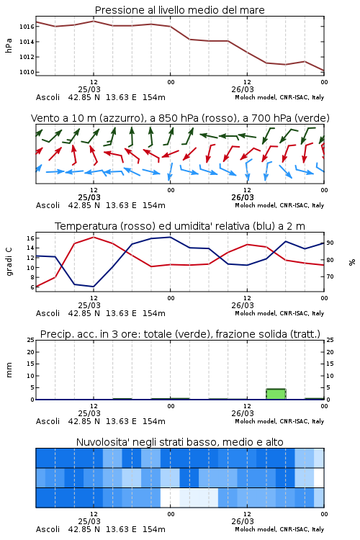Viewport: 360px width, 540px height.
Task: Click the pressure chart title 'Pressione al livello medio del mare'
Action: (x=179, y=10)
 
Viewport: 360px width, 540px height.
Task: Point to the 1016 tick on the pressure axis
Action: (x=27, y=27)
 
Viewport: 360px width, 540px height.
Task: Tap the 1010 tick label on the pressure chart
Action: (x=27, y=72)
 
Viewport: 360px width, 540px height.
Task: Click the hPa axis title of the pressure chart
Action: (x=9, y=45)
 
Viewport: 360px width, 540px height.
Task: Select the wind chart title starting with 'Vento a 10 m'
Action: (x=180, y=118)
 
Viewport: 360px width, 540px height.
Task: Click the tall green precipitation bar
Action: (x=276, y=394)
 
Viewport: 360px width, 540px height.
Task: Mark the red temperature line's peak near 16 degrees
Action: (x=94, y=237)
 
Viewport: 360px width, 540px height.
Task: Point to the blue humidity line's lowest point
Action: (x=93, y=286)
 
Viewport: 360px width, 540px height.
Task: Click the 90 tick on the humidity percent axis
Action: (x=330, y=243)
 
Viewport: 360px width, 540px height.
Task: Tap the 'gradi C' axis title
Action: (x=9, y=261)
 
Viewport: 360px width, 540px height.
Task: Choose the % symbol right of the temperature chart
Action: (x=352, y=262)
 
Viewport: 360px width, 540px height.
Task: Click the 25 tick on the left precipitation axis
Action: (x=31, y=340)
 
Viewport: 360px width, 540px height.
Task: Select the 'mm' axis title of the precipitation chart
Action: (x=9, y=370)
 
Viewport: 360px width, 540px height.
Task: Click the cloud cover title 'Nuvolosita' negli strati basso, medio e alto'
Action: (x=179, y=442)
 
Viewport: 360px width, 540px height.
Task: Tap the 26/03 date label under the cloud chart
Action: (x=243, y=521)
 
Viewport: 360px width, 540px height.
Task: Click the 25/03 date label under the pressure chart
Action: (x=89, y=89)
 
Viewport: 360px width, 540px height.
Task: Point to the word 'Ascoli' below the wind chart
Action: (x=48, y=205)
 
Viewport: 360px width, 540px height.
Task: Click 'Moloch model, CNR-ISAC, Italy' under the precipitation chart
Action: (x=279, y=421)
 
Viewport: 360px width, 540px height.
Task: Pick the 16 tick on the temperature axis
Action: (x=30, y=238)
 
